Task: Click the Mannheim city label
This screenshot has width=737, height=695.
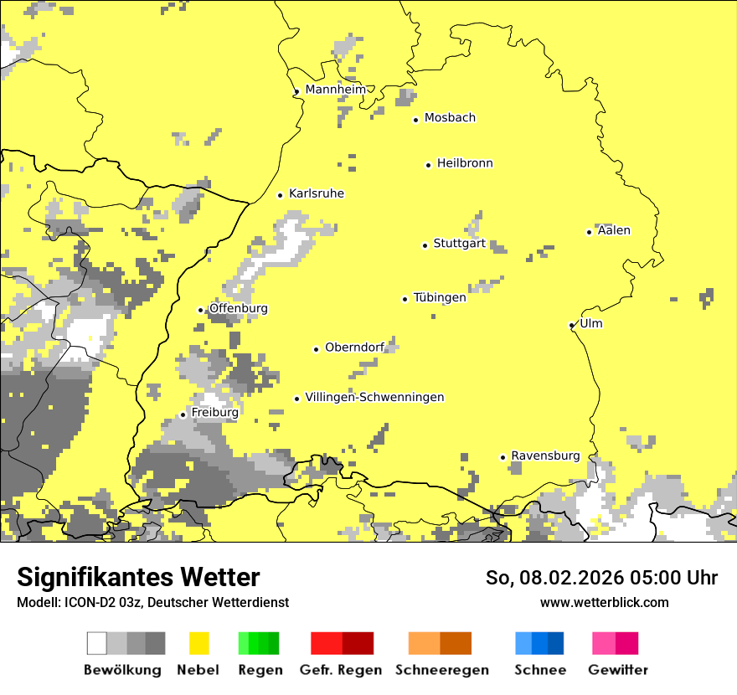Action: point(335,90)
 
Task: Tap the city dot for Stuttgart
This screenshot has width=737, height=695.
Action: point(425,245)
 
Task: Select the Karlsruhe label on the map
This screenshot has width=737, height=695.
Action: point(316,193)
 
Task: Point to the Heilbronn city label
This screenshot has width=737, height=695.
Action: point(465,163)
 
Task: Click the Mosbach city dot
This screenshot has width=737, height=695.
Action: point(415,120)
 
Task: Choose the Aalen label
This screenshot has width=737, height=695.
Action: point(614,230)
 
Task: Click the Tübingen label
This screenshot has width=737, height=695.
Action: point(440,297)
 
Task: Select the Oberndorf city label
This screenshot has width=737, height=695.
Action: point(354,347)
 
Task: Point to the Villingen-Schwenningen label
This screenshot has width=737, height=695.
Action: point(374,397)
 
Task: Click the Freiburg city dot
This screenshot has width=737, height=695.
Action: point(183,414)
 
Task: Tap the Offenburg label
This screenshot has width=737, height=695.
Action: point(239,308)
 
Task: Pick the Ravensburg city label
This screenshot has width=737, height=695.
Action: point(545,456)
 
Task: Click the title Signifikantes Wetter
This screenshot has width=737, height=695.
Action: point(138,577)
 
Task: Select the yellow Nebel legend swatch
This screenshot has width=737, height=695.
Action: point(198,643)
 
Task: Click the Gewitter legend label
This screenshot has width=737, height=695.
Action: point(617,670)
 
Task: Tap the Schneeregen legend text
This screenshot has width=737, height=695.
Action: point(441,670)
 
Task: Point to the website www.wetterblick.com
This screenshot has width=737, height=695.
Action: point(604,602)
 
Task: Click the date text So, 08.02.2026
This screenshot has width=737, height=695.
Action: point(554,578)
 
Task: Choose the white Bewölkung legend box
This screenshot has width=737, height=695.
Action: point(97,643)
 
